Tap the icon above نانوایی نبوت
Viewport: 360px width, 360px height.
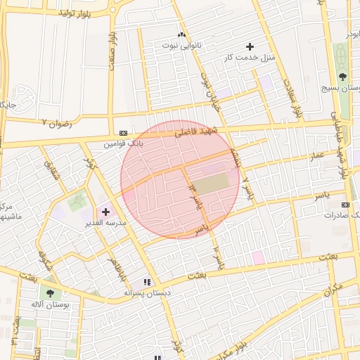tap(181, 34)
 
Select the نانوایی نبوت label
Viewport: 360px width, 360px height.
tap(181, 45)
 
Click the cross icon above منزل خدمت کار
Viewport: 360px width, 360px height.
tap(250, 46)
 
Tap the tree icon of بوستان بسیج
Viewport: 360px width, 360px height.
tap(342, 77)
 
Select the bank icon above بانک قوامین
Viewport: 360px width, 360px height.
tap(124, 132)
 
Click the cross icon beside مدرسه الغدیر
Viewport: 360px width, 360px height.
tap(105, 211)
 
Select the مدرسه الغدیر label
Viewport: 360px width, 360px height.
tap(105, 222)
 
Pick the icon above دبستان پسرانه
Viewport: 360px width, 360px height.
tap(147, 282)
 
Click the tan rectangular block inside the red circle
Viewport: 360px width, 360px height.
tap(211, 184)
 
